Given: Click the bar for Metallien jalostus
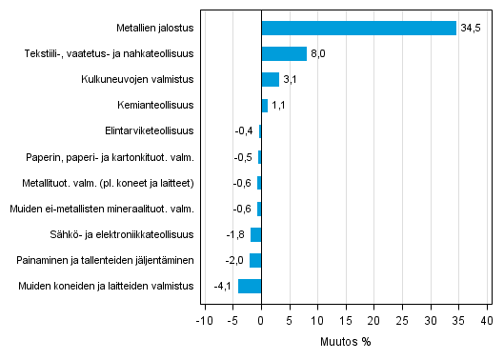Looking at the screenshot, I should coord(359,28).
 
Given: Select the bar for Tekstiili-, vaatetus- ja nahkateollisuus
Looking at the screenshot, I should coord(284,54).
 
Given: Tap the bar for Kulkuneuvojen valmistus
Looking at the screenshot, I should coord(270,80).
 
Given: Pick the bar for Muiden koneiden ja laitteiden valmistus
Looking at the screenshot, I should coord(250,286).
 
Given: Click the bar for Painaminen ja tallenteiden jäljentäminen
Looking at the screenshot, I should coord(255,260).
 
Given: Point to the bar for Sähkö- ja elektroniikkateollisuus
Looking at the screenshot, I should coord(256,234).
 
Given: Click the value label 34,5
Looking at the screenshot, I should coord(472,28).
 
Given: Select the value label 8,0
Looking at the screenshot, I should coord(318,54).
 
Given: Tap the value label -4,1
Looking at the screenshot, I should coord(223,286).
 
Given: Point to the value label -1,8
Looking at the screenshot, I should coord(236,234).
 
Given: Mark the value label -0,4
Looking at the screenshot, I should coord(244,131).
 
